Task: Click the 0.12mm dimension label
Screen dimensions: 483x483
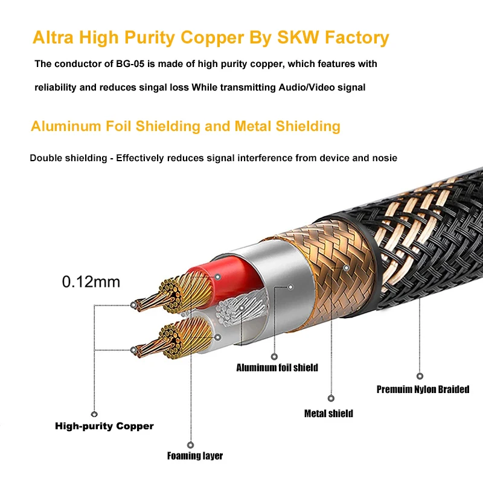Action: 92,281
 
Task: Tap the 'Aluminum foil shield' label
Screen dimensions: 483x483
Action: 277,368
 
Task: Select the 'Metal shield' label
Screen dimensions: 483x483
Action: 328,414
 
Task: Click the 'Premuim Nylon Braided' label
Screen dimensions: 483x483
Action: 423,389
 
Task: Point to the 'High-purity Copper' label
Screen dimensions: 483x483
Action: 104,426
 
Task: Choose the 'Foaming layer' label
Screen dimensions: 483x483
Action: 195,456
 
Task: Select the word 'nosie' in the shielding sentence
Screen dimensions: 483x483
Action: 385,158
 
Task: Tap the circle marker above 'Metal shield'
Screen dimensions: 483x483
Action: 331,398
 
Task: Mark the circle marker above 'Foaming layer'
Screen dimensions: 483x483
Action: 191,444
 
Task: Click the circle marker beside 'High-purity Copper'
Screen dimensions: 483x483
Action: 94,414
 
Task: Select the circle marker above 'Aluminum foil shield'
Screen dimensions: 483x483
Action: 274,356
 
